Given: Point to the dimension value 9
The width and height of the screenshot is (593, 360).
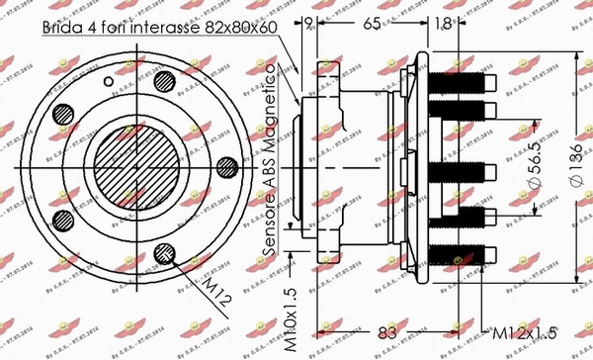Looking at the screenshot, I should coord(308,22).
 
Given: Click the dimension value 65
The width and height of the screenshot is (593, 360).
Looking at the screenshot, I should coord(373,22).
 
